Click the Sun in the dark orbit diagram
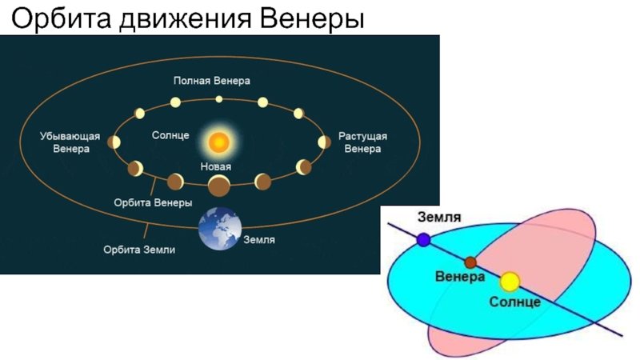[x=218, y=142]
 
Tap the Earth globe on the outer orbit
[x=219, y=228]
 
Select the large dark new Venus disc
[x=219, y=186]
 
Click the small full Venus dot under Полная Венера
[x=219, y=98]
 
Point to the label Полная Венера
[x=212, y=81]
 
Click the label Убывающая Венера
[x=70, y=142]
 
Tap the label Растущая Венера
[x=362, y=142]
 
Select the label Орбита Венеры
[x=153, y=202]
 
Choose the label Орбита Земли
[x=139, y=250]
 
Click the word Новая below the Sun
[x=215, y=166]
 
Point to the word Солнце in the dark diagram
[x=170, y=135]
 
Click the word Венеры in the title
[x=312, y=18]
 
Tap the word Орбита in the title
[x=61, y=18]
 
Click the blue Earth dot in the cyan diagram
[x=424, y=239]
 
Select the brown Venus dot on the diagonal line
[x=470, y=262]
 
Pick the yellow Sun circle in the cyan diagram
[x=510, y=282]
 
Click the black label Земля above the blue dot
[x=439, y=217]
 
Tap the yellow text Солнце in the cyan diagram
[x=514, y=302]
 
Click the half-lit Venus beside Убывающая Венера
[x=114, y=142]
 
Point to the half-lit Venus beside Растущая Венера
[x=325, y=142]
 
